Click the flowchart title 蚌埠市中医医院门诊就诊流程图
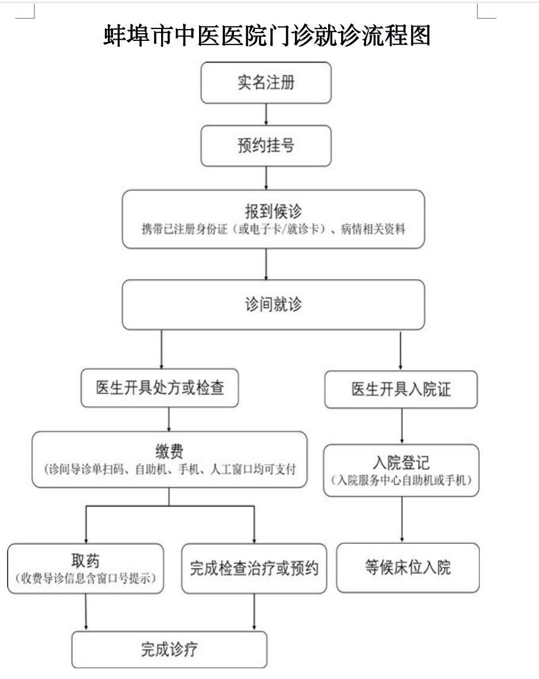tap(267, 35)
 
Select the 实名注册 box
tap(266, 83)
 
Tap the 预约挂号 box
tap(266, 146)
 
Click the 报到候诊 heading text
tap(273, 212)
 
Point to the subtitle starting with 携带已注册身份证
tap(273, 229)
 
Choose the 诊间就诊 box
tap(273, 305)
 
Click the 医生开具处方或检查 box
tap(160, 387)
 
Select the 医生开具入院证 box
tap(401, 389)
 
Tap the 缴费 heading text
tap(169, 451)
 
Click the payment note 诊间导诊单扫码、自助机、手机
tap(170, 469)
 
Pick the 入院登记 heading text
tap(402, 463)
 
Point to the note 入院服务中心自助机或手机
tap(402, 480)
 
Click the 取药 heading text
tap(85, 561)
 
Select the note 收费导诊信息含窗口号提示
tap(85, 578)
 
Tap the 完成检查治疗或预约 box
tap(254, 569)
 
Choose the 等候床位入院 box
tap(408, 568)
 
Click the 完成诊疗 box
tap(169, 649)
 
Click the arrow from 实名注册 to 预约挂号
tap(266, 114)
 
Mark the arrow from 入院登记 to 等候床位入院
tap(402, 520)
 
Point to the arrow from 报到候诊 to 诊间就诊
tap(266, 264)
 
